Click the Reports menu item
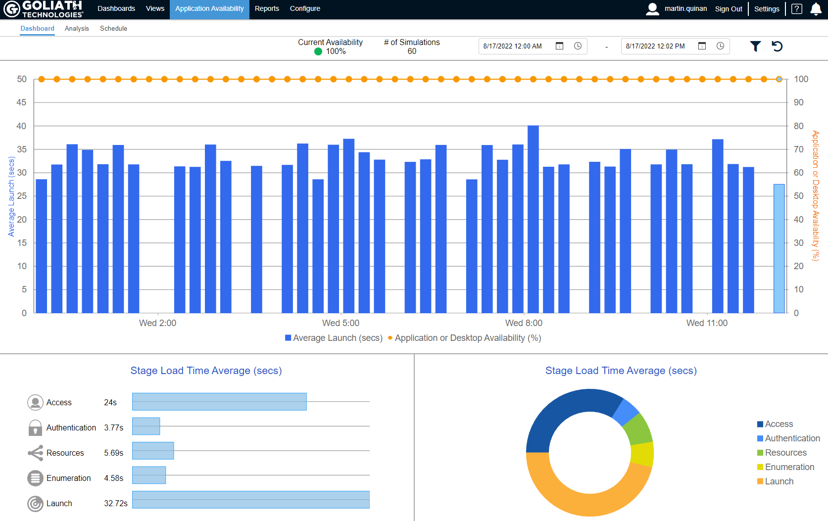click(x=267, y=8)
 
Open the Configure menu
click(x=305, y=8)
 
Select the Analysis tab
click(x=77, y=28)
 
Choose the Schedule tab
click(x=113, y=28)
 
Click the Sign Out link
click(x=729, y=9)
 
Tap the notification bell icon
click(x=816, y=9)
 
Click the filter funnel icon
click(x=755, y=46)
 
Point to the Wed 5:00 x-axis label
click(x=341, y=323)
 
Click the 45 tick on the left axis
click(x=21, y=102)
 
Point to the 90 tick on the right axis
click(x=799, y=102)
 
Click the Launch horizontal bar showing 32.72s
click(x=250, y=500)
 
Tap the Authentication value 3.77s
click(x=113, y=427)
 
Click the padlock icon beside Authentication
click(x=35, y=427)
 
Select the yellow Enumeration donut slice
click(x=643, y=454)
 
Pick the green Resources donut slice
click(x=638, y=428)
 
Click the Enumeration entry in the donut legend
click(x=789, y=467)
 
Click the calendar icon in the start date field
click(x=559, y=46)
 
